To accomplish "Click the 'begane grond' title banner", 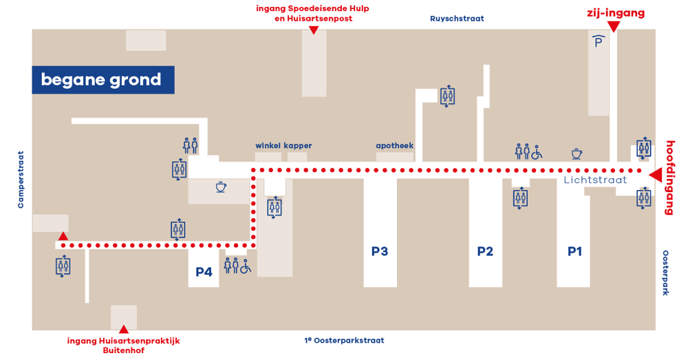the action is point(103,80).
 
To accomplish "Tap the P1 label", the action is point(574,251).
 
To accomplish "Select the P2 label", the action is point(485,251).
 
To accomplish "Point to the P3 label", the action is point(380,251).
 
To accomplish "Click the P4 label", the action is point(204,272).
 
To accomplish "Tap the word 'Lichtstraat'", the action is point(595,180).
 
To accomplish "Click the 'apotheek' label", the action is point(394,146).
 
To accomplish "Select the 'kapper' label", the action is point(297,146).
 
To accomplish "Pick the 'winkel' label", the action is point(268,145).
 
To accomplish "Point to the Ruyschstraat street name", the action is point(457,19).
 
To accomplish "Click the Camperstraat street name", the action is point(21,180).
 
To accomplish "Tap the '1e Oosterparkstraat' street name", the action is point(344,340).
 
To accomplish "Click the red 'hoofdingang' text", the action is point(670,178).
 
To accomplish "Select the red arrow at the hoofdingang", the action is point(656,175).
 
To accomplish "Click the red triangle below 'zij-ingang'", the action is point(614,27).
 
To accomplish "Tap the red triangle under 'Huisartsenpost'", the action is point(313,30).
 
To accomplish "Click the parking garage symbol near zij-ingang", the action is point(598,41).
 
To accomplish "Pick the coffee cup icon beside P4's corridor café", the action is point(221,187).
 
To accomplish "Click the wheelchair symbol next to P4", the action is point(246,266).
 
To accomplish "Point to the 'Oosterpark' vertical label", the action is point(665,273).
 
